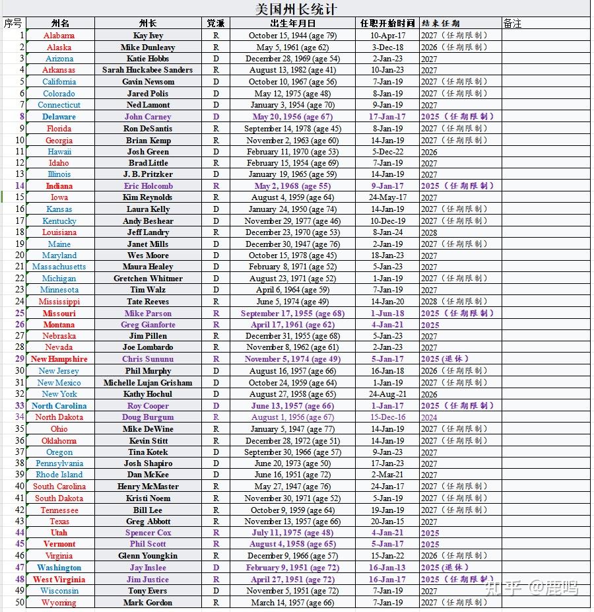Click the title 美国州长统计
coord(296,9)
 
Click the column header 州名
coord(60,23)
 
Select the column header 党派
coord(215,23)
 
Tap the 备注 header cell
coord(512,23)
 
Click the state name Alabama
coord(59,36)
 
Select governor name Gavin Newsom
coord(148,82)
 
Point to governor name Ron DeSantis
coord(148,129)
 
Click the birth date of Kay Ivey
coord(292,36)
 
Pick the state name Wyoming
coord(59,603)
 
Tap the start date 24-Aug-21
coord(387,394)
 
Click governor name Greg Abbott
coord(148,522)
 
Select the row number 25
coord(19,314)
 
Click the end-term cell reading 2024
coord(429,417)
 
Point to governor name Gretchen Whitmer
coord(148,279)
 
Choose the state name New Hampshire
coord(59,359)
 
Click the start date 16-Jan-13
coord(387,568)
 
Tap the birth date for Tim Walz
coord(292,290)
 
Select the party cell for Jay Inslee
coord(216,568)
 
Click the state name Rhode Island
coord(59,475)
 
